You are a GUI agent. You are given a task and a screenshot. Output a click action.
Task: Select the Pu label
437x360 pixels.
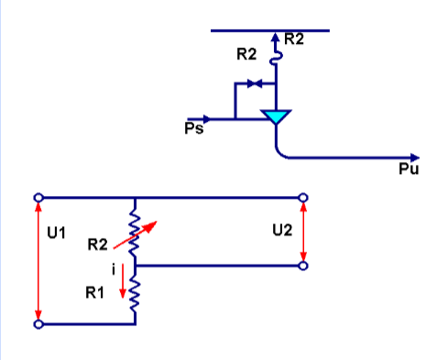[x=408, y=170]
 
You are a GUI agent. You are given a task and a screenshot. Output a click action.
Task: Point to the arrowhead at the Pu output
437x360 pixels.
[x=415, y=158]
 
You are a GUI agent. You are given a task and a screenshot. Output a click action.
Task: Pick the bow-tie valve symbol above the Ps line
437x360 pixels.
[x=256, y=84]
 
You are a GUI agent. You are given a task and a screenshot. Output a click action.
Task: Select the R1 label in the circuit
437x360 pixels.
[x=94, y=293]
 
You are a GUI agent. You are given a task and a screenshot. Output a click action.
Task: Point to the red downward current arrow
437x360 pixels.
[x=122, y=287]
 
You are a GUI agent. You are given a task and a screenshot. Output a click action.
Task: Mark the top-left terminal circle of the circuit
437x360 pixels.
[x=38, y=197]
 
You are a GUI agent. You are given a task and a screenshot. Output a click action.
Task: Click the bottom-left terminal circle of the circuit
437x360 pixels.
[x=38, y=323]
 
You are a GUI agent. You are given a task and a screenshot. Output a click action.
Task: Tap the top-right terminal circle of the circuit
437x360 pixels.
[x=303, y=197]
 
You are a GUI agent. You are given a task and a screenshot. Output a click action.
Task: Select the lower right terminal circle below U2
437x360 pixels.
[x=303, y=266]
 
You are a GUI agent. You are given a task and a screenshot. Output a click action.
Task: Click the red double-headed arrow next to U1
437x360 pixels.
[x=38, y=260]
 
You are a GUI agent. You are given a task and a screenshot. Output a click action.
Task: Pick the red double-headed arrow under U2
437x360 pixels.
[x=303, y=232]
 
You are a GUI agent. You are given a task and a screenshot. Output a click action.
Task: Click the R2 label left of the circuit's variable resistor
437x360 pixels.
[x=98, y=245]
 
